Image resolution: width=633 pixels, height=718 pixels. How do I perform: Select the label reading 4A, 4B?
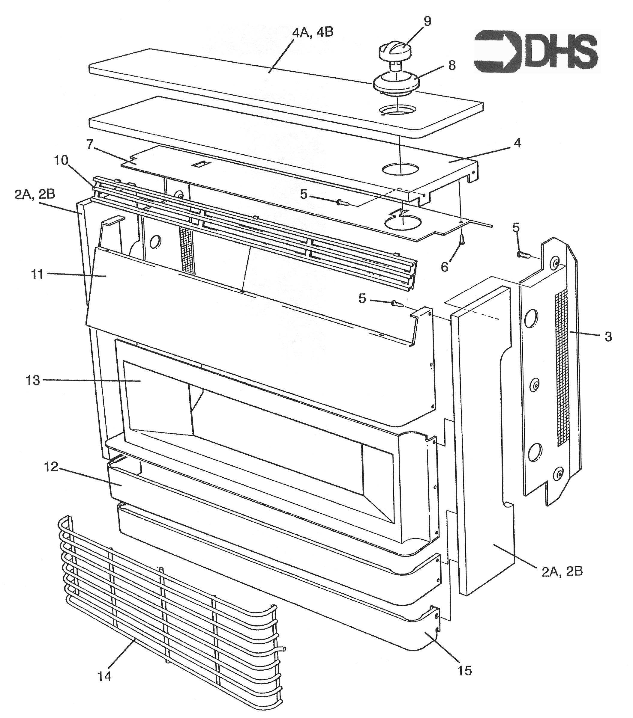point(313,32)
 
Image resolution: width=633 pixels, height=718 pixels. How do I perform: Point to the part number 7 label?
point(90,144)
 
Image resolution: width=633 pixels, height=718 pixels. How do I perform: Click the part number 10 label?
point(61,161)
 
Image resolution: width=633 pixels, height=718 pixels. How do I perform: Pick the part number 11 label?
point(37,274)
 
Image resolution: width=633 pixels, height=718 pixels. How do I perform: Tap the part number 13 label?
point(33,380)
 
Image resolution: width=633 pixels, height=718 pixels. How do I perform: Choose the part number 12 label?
point(51,467)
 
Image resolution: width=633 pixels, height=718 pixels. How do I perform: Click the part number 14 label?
point(105,676)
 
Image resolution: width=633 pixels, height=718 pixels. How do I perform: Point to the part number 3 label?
point(608,337)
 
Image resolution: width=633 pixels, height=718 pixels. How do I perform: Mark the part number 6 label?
point(445,267)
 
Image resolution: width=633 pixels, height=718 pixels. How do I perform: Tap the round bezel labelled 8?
point(397,84)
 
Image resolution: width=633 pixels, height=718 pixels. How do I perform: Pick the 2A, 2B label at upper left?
point(35,194)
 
